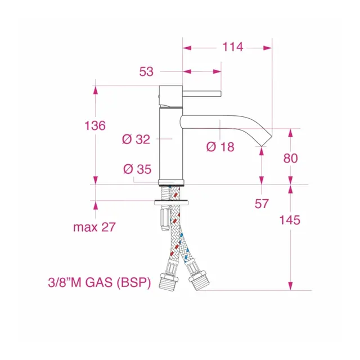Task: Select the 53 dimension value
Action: tap(146, 71)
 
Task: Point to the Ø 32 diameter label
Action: tap(136, 139)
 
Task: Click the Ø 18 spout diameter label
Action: tap(220, 147)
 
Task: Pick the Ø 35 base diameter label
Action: tap(137, 169)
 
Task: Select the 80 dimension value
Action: tap(290, 158)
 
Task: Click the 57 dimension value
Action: tap(262, 204)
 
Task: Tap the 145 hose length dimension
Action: tap(290, 220)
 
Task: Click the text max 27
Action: tap(94, 227)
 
